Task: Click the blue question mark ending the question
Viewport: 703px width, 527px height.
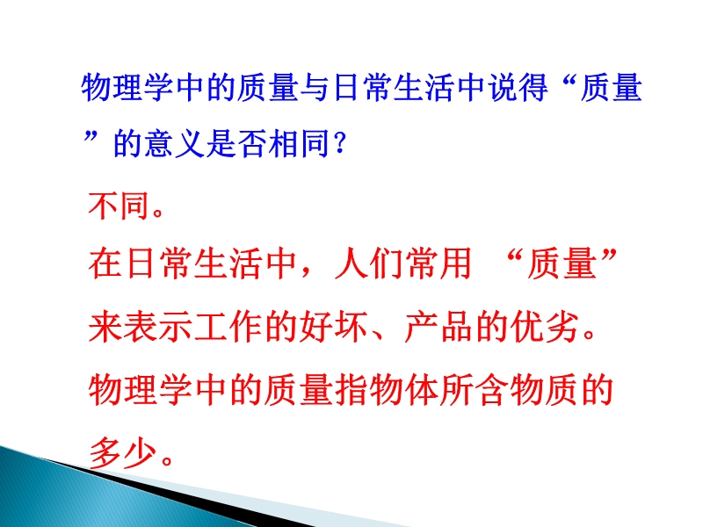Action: click(x=340, y=143)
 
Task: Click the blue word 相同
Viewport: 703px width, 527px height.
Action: click(x=298, y=143)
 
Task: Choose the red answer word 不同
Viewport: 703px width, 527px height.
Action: click(x=119, y=206)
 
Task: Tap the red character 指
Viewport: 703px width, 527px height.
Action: click(x=351, y=390)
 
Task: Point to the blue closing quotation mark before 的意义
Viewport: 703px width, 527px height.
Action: click(x=91, y=136)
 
